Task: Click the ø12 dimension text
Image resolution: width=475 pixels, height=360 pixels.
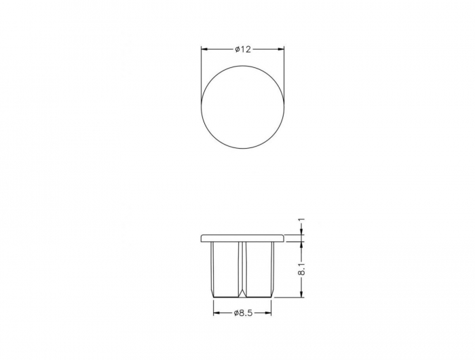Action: (243, 49)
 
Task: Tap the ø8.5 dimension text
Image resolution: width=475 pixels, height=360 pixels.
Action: (243, 313)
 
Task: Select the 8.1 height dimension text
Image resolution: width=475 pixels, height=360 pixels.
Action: (301, 268)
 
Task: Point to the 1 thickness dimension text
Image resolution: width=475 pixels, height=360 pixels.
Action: (301, 220)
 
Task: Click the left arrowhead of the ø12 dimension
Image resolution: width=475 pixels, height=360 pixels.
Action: (204, 49)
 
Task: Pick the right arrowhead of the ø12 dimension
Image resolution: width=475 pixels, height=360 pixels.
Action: (282, 49)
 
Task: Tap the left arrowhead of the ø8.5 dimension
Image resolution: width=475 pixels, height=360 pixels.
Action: (216, 313)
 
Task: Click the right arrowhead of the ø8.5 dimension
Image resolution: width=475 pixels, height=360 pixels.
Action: (269, 313)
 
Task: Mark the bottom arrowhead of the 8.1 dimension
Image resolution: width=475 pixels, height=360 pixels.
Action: (301, 295)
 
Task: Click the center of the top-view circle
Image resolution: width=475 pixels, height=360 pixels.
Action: (243, 107)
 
